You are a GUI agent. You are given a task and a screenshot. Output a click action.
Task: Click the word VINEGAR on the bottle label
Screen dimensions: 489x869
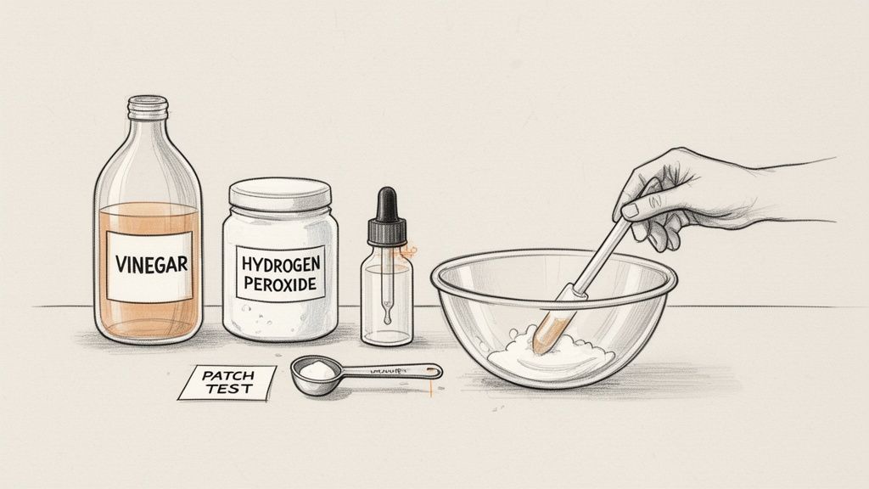(x=150, y=263)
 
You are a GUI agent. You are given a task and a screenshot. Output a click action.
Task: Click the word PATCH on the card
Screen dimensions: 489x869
(x=227, y=375)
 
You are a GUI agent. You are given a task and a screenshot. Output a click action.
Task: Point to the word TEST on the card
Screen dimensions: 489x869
(x=227, y=389)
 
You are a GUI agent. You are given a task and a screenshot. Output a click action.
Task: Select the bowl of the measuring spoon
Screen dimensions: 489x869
(x=313, y=371)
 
